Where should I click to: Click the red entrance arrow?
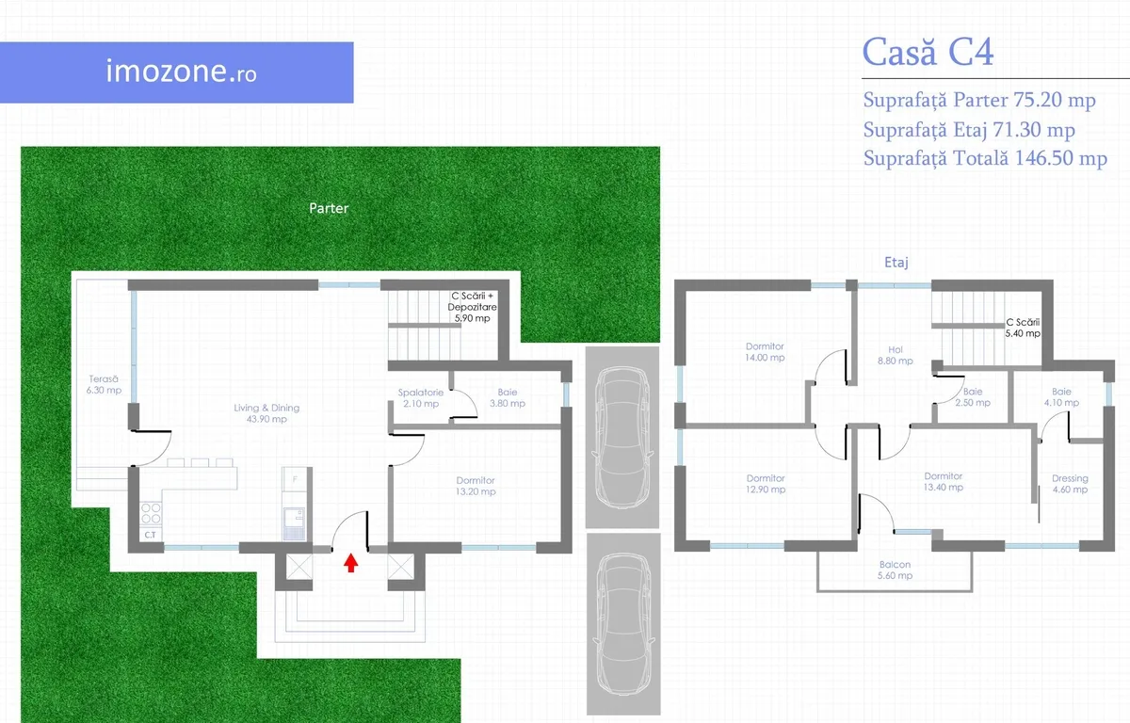pyautogui.click(x=351, y=563)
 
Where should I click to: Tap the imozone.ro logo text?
pyautogui.click(x=181, y=72)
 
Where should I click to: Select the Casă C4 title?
pyautogui.click(x=928, y=52)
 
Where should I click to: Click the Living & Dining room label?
pyautogui.click(x=266, y=413)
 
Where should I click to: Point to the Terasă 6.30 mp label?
pyautogui.click(x=104, y=384)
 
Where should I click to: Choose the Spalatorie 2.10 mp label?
pyautogui.click(x=421, y=398)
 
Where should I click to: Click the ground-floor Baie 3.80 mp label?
pyautogui.click(x=508, y=397)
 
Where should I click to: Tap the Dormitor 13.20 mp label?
pyautogui.click(x=476, y=486)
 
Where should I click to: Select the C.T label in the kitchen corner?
pyautogui.click(x=151, y=535)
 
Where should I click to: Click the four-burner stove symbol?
pyautogui.click(x=151, y=514)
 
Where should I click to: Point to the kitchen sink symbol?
pyautogui.click(x=294, y=523)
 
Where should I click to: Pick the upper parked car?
pyautogui.click(x=622, y=438)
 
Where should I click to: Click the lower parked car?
pyautogui.click(x=623, y=624)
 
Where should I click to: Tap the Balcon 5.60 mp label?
pyautogui.click(x=895, y=570)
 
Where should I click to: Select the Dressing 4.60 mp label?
pyautogui.click(x=1070, y=484)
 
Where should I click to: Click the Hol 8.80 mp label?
pyautogui.click(x=896, y=355)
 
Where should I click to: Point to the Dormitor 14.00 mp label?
pyautogui.click(x=765, y=352)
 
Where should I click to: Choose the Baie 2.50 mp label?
pyautogui.click(x=973, y=396)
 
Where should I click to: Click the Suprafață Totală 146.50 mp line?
pyautogui.click(x=985, y=158)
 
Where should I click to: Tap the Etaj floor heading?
pyautogui.click(x=896, y=262)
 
